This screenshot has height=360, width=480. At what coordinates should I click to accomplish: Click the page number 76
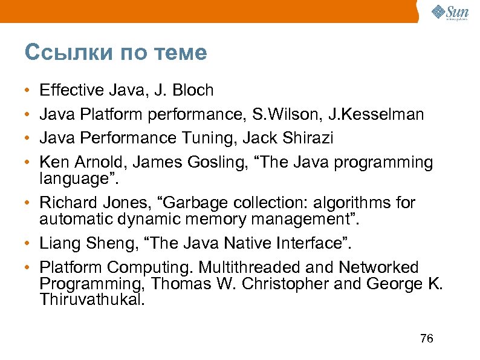pyautogui.click(x=426, y=338)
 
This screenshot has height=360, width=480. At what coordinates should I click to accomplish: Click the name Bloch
pyautogui.click(x=193, y=91)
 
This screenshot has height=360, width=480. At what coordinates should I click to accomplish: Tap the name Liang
pyautogui.click(x=59, y=243)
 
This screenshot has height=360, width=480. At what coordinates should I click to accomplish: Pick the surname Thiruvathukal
pyautogui.click(x=92, y=299)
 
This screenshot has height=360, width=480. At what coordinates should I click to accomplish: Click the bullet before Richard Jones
pyautogui.click(x=28, y=203)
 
